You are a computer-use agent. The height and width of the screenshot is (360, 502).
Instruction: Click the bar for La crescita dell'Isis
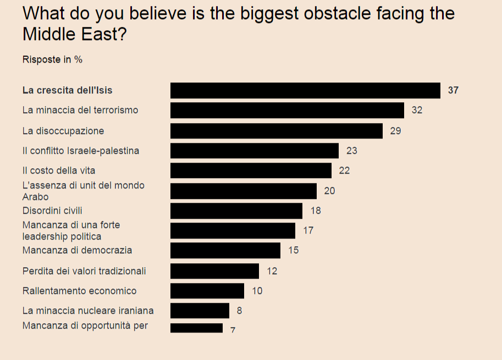point(305,90)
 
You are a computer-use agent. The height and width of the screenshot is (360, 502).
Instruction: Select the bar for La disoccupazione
point(276,131)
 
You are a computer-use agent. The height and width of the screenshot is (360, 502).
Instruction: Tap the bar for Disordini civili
point(236,211)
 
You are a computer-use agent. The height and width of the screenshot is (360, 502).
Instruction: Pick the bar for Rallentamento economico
point(207,291)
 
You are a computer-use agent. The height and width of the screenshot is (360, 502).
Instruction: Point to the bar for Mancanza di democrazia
point(225,251)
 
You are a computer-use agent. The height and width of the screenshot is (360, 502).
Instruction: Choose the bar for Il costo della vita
point(251,170)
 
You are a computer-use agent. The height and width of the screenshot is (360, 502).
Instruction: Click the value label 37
point(453,90)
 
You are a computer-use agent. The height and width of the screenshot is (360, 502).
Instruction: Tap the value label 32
point(417,110)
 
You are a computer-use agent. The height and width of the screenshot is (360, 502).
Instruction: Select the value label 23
point(351,151)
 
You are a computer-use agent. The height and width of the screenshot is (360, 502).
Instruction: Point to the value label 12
point(272,271)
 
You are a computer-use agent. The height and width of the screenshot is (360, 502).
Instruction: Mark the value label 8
point(239,311)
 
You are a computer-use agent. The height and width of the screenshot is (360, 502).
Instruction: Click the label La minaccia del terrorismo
point(80,110)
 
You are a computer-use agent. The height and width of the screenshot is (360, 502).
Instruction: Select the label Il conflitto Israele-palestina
point(81,151)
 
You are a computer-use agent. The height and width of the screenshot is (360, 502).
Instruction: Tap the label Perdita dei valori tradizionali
point(84,271)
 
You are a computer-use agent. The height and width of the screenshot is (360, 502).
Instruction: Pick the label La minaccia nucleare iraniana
point(88,311)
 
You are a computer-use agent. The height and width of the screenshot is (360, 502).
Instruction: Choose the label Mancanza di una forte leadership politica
point(71,231)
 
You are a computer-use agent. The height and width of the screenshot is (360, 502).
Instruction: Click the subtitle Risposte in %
point(52,59)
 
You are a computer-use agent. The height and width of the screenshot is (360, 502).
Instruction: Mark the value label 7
point(233,330)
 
